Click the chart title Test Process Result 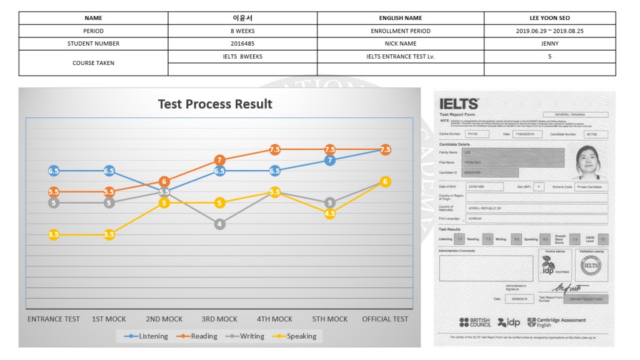pyautogui.click(x=215, y=104)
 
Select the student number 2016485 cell pyautogui.click(x=242, y=44)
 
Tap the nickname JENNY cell pyautogui.click(x=549, y=44)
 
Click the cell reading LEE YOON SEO pyautogui.click(x=549, y=18)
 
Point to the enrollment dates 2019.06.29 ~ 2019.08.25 pyautogui.click(x=549, y=31)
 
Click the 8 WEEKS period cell pyautogui.click(x=242, y=31)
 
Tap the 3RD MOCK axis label pyautogui.click(x=219, y=319)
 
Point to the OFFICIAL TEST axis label pyautogui.click(x=385, y=319)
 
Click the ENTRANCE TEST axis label pyautogui.click(x=54, y=319)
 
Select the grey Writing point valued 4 pyautogui.click(x=219, y=224)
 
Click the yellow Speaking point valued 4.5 pyautogui.click(x=330, y=213)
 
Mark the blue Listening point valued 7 pyautogui.click(x=330, y=160)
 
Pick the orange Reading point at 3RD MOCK pyautogui.click(x=219, y=160)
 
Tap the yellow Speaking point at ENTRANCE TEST pyautogui.click(x=54, y=234)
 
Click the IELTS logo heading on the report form pyautogui.click(x=459, y=104)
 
